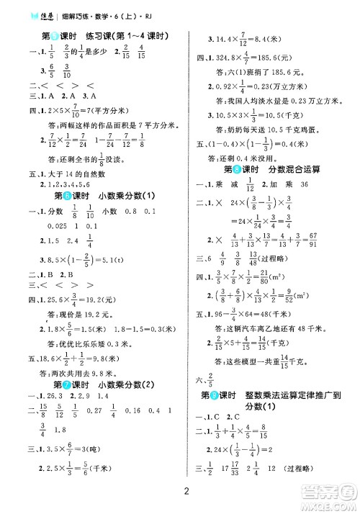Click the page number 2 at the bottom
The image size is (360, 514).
[186, 491]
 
